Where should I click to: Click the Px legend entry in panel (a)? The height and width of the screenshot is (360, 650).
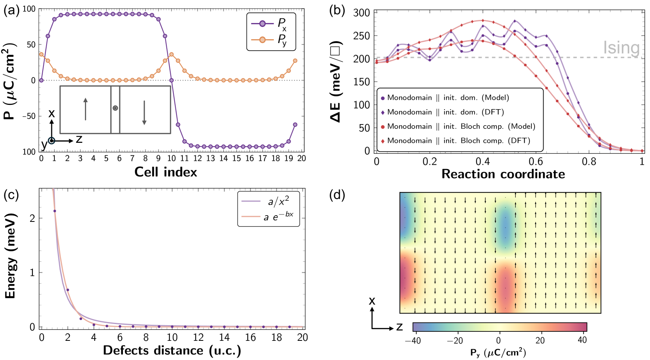(x=271, y=24)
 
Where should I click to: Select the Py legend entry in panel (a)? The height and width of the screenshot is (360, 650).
(x=271, y=40)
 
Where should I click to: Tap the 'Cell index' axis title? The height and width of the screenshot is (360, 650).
(x=166, y=172)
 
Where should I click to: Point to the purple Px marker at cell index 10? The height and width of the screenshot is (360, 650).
(x=171, y=80)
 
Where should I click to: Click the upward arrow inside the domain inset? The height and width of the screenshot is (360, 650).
(x=85, y=109)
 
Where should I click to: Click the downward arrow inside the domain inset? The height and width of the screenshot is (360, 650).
(x=144, y=113)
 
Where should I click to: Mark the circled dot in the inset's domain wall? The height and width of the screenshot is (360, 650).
(x=115, y=108)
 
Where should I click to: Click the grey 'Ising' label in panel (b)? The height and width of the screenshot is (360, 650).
(x=621, y=48)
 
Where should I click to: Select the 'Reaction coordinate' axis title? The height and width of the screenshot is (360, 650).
(x=503, y=174)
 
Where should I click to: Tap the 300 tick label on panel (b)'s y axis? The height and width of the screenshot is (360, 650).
(x=361, y=13)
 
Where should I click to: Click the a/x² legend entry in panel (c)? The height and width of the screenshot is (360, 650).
(x=278, y=202)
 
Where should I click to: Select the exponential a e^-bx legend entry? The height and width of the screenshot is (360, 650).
(x=278, y=216)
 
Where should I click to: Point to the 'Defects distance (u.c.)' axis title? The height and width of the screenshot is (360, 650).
(x=172, y=350)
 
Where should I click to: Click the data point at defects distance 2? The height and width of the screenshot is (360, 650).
(x=68, y=290)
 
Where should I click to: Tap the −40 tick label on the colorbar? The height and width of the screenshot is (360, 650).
(x=413, y=340)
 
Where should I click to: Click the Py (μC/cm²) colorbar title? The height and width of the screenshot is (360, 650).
(x=498, y=353)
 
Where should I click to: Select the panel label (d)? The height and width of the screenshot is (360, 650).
(x=337, y=195)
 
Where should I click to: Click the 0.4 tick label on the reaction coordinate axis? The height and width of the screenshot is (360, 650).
(x=483, y=162)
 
